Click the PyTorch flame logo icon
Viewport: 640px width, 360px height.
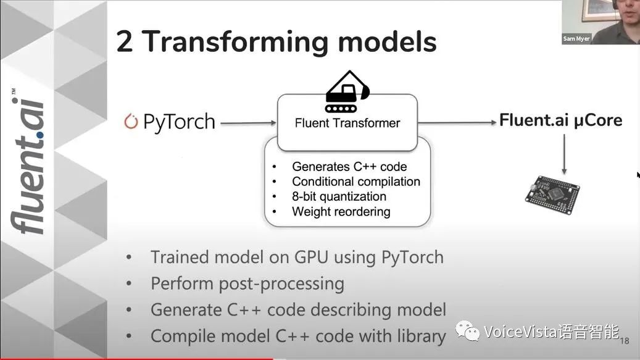130,121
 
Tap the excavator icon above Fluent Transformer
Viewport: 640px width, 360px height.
347,94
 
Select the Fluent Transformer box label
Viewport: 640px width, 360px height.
347,123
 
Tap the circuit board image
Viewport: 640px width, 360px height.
552,191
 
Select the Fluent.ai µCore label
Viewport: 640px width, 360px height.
560,120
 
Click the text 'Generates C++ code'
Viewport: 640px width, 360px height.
349,167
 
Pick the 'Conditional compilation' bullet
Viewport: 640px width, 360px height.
356,182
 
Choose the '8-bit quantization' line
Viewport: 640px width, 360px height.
339,196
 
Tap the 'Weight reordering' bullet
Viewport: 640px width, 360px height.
341,211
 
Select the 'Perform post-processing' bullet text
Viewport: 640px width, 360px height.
247,283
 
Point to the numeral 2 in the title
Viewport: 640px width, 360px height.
125,41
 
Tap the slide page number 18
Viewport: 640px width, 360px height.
624,341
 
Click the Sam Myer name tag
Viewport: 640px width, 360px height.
576,39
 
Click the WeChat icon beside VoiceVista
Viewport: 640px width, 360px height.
468,333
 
